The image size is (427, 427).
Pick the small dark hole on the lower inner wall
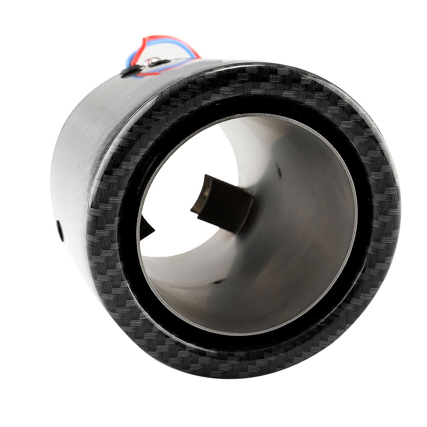pos(218,282)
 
